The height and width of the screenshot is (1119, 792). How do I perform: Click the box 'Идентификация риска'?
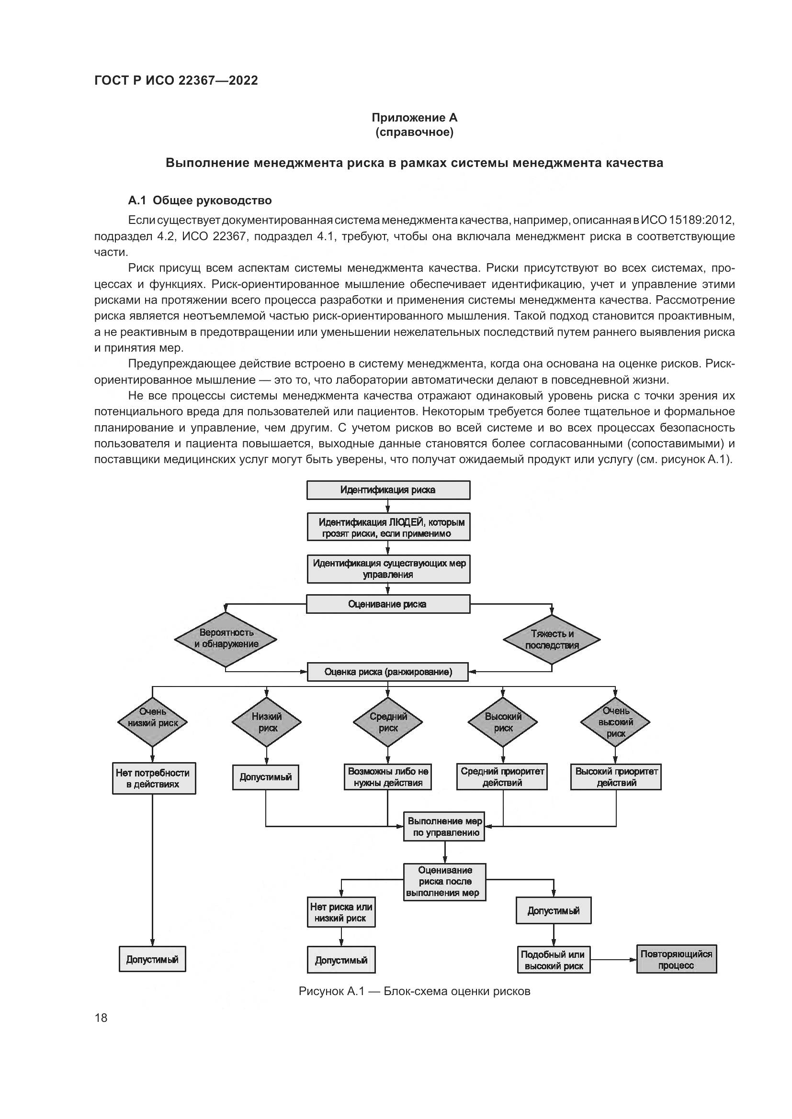coord(388,490)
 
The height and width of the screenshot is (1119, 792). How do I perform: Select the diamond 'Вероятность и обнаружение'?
coord(226,639)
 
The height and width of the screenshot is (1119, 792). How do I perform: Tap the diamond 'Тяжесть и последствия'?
coord(552,640)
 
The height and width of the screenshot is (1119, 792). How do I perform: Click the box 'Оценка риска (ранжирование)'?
coord(388,672)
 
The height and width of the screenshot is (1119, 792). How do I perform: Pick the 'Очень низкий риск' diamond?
coord(153,722)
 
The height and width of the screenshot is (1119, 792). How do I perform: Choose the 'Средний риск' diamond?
coord(388,722)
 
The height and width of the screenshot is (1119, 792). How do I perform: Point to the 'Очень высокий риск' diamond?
coord(615,722)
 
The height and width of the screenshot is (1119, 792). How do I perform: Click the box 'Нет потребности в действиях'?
coord(153,778)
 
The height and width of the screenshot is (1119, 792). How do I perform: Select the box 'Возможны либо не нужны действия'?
coord(388,777)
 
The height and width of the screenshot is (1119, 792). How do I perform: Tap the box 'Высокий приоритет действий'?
coord(616,777)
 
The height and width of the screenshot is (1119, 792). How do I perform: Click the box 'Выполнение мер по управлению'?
coord(444,827)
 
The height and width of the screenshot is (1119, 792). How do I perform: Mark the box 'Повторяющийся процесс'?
coord(677,960)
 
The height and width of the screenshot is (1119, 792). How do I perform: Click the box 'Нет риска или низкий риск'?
coord(341,912)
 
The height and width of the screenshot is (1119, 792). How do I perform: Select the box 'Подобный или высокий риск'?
coord(554,960)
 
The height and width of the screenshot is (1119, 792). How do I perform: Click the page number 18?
coord(101,1018)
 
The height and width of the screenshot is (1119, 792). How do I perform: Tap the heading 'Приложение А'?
coord(415,118)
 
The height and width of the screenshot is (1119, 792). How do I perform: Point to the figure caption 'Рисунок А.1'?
coord(414,991)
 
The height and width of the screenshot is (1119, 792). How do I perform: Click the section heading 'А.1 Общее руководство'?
coord(200,200)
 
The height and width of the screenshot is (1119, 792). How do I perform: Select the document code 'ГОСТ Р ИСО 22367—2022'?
coord(176,80)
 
